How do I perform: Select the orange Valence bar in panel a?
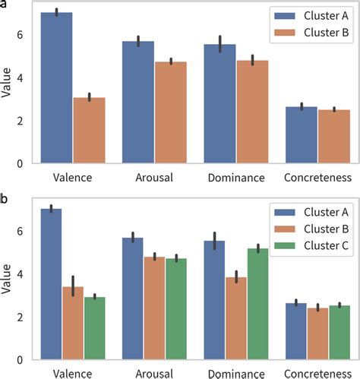coord(90,130)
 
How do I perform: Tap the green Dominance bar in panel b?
coord(263,304)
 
